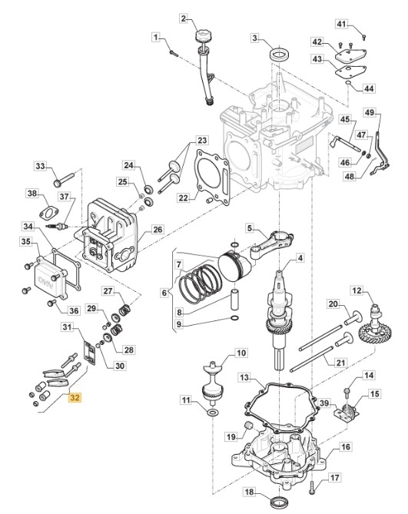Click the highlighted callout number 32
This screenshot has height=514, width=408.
pos(75,398)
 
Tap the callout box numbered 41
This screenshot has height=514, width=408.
pos(341,24)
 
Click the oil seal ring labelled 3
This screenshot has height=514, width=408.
pos(278,55)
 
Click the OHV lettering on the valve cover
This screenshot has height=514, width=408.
pos(46,281)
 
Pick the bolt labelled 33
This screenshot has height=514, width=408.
pos(65,179)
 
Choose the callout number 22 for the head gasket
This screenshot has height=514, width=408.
pos(184,197)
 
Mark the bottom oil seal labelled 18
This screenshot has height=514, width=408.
pos(279,502)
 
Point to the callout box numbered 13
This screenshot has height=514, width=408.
pos(245,378)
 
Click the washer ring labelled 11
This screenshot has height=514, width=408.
pos(212,412)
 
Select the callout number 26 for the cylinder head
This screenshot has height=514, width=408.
pos(158,229)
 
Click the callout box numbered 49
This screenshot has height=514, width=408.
pos(370,112)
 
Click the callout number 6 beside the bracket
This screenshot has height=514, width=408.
pos(164,293)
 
